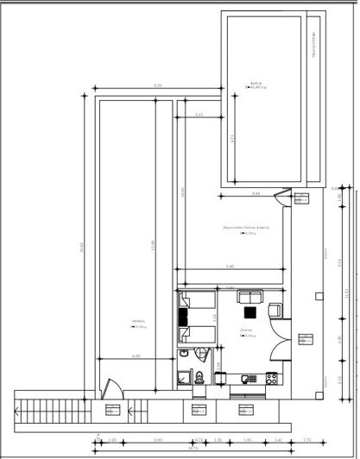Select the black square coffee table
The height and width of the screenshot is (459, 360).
pos(249,313)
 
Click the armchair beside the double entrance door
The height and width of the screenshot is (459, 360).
pos(275,309)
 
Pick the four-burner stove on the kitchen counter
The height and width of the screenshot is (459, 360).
pos(271,377)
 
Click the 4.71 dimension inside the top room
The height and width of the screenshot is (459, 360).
pos(233,137)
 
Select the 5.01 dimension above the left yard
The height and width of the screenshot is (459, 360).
pos(158,85)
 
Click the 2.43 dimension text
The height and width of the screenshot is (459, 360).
pos(199,114)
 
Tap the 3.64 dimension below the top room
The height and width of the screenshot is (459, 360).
pos(256,194)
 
